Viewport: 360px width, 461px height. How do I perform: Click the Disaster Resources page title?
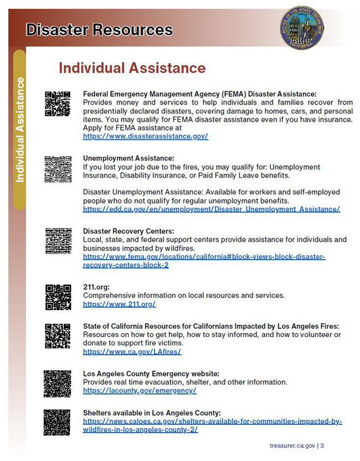click(x=99, y=29)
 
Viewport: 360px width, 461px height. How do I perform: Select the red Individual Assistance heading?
click(x=132, y=68)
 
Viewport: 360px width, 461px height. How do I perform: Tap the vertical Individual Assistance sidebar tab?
click(x=20, y=130)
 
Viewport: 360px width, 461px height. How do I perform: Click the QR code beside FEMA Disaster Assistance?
click(x=58, y=104)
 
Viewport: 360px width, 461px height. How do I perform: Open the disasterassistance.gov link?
click(x=145, y=136)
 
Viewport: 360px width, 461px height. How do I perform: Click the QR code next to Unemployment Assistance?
click(x=58, y=169)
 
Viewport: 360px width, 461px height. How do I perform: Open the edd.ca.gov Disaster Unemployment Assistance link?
click(x=211, y=209)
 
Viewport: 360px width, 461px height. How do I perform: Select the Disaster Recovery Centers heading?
click(x=128, y=231)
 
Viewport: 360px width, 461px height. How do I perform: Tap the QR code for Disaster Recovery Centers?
click(x=58, y=241)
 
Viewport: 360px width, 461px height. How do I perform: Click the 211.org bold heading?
click(x=96, y=287)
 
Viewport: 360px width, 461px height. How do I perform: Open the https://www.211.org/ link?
click(x=119, y=304)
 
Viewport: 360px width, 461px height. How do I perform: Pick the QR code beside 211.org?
click(x=58, y=297)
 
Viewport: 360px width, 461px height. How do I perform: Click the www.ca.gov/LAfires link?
click(x=132, y=351)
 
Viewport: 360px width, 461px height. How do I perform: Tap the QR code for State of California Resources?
click(x=58, y=336)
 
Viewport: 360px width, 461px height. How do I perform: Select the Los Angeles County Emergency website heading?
click(x=151, y=374)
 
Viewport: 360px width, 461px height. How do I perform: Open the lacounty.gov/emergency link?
click(x=140, y=390)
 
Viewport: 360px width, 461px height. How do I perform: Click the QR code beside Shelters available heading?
click(x=57, y=422)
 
